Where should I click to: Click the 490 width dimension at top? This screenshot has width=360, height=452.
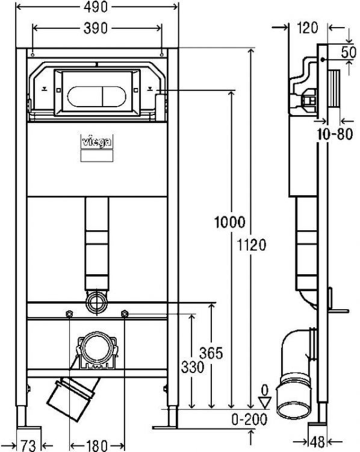(97, 8)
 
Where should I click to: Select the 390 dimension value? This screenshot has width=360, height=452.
(97, 28)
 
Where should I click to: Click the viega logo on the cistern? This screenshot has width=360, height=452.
(97, 142)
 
